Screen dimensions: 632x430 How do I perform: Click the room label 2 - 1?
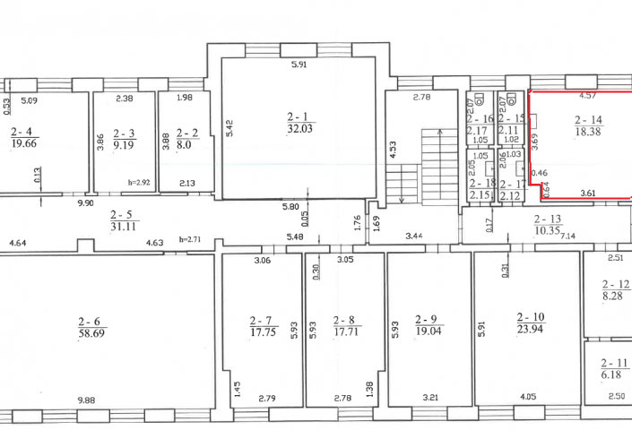[298, 116]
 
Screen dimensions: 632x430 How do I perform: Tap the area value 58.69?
[92, 333]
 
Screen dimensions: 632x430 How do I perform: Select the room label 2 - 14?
[588, 120]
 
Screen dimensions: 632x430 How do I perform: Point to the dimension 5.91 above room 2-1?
[299, 64]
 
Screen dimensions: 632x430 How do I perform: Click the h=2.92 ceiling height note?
[139, 183]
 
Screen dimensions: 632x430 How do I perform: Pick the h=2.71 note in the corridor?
[190, 239]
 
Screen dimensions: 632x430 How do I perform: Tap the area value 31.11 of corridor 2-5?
[124, 227]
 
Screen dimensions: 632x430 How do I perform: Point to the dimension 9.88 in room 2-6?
[87, 400]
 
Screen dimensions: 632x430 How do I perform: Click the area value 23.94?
[530, 330]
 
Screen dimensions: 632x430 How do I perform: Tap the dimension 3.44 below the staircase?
[414, 236]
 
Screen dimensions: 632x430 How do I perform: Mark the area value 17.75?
[263, 331]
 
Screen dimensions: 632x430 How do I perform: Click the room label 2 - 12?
[616, 285]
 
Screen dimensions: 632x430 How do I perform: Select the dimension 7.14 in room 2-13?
[567, 236]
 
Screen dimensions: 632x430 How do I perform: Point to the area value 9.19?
[124, 145]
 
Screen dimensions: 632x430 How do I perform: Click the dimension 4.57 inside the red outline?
[587, 96]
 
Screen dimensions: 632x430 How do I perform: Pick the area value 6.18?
[611, 374]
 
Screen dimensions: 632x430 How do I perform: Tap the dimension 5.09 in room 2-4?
[29, 100]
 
